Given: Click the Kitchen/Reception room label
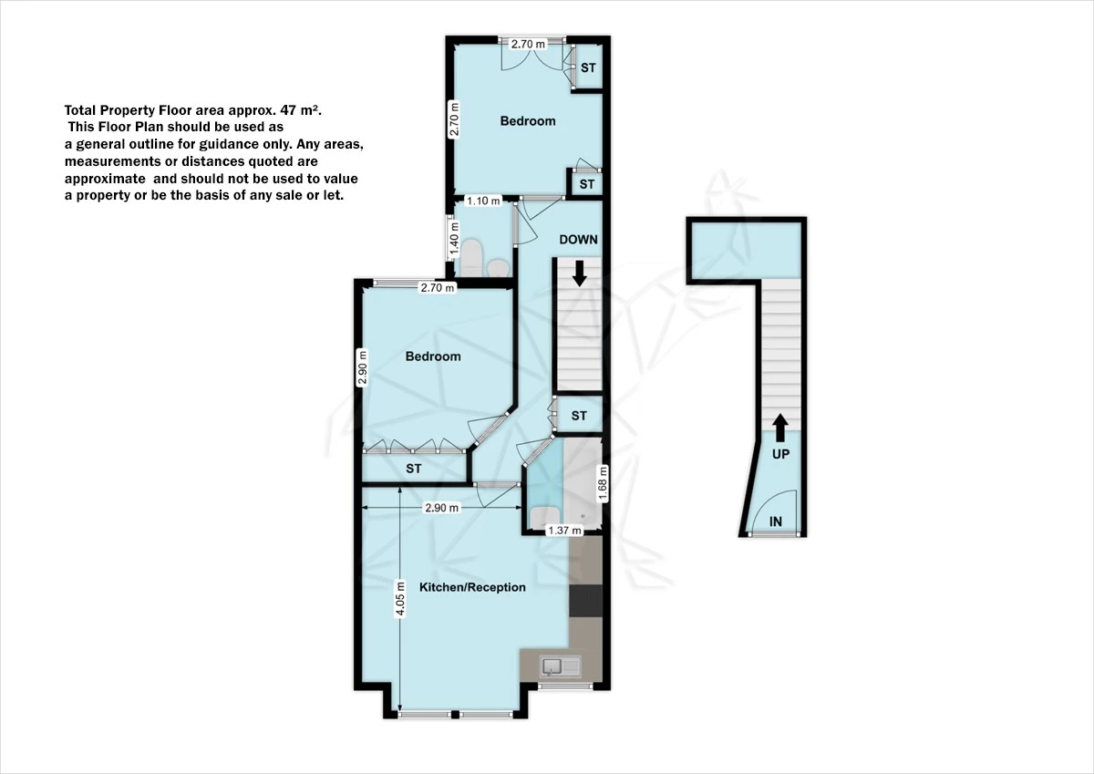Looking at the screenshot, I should click(472, 587).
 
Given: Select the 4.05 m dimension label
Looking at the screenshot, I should click(398, 601).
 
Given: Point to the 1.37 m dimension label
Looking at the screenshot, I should click(563, 531).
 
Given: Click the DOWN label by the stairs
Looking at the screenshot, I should click(578, 240).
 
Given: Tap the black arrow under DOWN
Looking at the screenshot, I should click(578, 271).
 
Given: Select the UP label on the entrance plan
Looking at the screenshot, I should click(781, 453).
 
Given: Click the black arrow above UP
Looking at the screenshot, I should click(781, 426).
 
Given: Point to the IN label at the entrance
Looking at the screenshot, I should click(776, 521).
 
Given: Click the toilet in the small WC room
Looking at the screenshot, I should click(472, 258).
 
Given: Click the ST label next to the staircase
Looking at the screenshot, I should click(579, 416).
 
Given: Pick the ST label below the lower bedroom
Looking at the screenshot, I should click(414, 469).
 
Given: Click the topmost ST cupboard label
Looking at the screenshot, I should click(588, 67).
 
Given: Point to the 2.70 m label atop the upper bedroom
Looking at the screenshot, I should click(528, 44).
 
